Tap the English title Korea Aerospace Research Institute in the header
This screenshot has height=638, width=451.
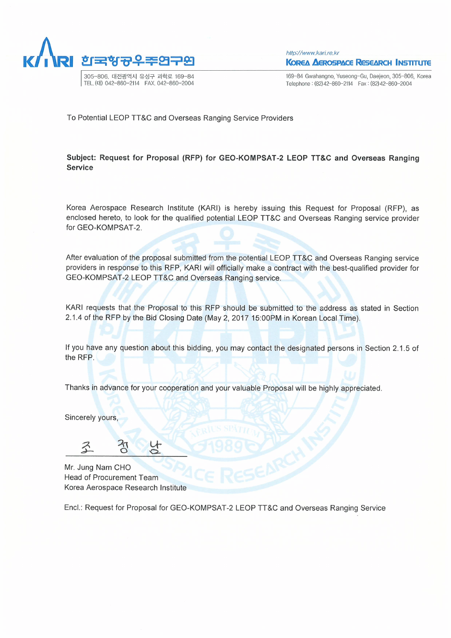[x=358, y=63]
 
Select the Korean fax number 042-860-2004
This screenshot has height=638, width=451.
[x=175, y=83]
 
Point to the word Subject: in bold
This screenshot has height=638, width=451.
[x=81, y=158]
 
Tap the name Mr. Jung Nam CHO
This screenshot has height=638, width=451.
[x=97, y=467]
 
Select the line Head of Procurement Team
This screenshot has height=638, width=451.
[x=111, y=477]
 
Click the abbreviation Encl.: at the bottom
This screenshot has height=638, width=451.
[x=73, y=508]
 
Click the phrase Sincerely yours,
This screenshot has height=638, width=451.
[x=91, y=418]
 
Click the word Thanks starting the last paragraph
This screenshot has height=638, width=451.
[x=77, y=388]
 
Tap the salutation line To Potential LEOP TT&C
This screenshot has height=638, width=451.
[x=179, y=118]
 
